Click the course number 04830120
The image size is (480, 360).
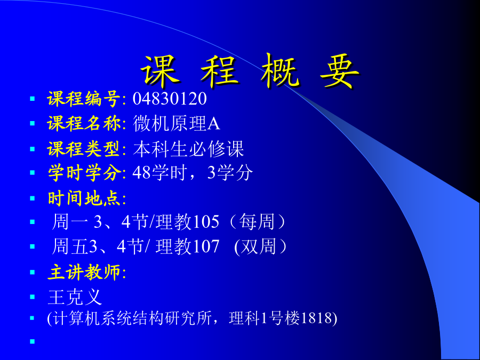click(x=170, y=99)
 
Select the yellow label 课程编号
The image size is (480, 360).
click(x=84, y=99)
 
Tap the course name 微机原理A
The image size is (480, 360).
click(x=177, y=124)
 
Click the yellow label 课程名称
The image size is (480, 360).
click(x=84, y=124)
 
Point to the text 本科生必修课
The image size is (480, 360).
click(x=188, y=149)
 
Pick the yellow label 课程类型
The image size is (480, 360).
click(x=83, y=149)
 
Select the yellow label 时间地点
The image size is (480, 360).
click(x=84, y=198)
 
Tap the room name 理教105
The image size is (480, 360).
click(x=187, y=222)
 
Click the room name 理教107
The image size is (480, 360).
click(x=187, y=246)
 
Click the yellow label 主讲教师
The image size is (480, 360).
click(x=84, y=273)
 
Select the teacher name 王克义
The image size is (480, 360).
click(x=75, y=297)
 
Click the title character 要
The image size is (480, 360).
click(x=340, y=72)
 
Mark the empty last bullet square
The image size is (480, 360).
click(x=33, y=341)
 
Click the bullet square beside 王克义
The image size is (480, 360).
click(x=33, y=297)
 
